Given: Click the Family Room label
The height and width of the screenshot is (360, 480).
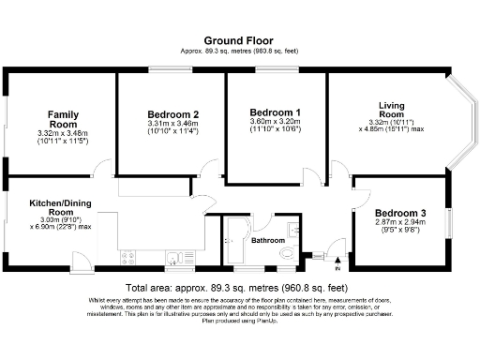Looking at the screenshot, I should [63, 118].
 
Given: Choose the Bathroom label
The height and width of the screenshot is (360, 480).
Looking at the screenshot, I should [269, 241].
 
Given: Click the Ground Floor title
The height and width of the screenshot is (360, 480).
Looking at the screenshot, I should [239, 42].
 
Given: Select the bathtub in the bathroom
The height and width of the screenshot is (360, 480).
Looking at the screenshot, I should [234, 242].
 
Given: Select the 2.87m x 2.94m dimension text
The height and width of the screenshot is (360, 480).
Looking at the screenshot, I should [400, 225].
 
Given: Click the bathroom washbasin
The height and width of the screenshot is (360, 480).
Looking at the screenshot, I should [297, 227].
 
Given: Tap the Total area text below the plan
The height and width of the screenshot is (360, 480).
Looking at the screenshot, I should [239, 288].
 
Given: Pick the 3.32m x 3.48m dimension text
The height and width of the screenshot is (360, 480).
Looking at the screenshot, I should [63, 135].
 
